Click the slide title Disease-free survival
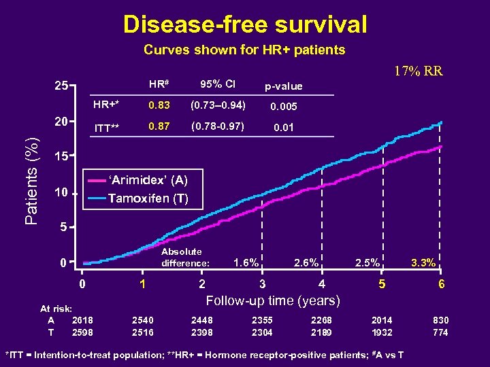[245, 24]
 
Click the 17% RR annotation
[419, 71]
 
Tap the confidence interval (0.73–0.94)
[217, 105]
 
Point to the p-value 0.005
[284, 107]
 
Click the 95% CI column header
[217, 84]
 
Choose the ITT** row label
[106, 128]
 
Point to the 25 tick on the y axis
[61, 87]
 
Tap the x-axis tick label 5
[382, 284]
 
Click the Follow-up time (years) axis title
[274, 300]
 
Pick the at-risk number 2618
[82, 320]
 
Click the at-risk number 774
[440, 332]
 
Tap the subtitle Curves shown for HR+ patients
[244, 50]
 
